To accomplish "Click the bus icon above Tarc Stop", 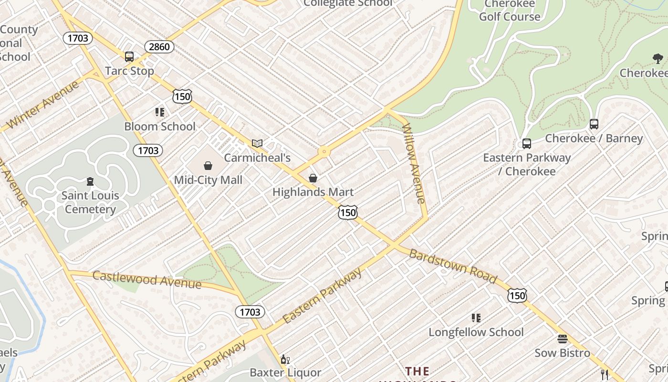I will [129, 57].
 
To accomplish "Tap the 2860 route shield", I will [159, 47].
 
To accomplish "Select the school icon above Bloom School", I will [160, 112].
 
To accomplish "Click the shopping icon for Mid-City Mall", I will [208, 166].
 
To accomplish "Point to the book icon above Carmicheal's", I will [257, 143].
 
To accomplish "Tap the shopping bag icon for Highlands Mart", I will [313, 178].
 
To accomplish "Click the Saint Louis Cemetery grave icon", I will [90, 181].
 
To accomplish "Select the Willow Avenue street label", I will [414, 163].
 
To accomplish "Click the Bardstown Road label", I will [453, 266].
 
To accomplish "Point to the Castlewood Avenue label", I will [147, 279].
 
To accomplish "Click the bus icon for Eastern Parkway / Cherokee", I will [527, 144].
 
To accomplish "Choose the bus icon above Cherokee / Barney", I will [594, 124].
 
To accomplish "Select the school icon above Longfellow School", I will [476, 318].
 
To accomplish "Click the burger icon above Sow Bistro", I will [563, 339].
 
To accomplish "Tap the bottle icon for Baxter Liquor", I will [285, 360].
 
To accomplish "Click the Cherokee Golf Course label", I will [510, 11].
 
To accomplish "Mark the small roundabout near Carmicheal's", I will [324, 152].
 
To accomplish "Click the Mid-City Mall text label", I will [208, 180].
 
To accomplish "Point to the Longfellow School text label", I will [476, 332].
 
